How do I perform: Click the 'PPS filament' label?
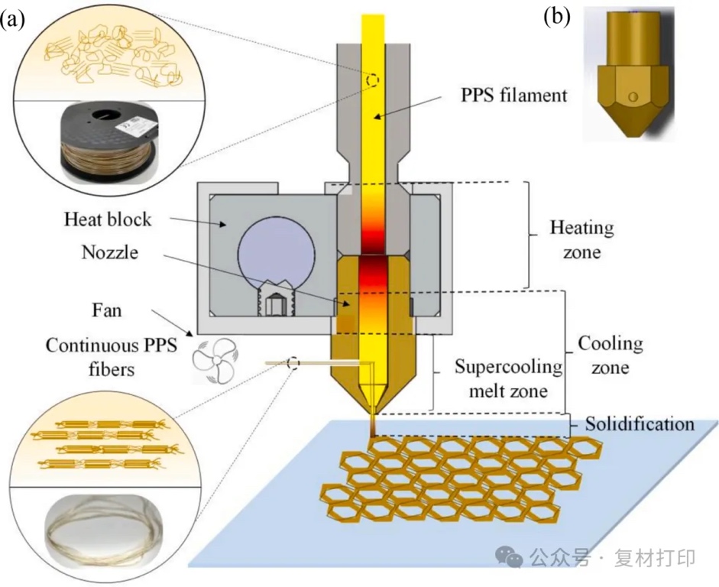(514, 96)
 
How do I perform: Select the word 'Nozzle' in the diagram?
(109, 252)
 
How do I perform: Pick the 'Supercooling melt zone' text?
(507, 379)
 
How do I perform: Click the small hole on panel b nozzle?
(631, 97)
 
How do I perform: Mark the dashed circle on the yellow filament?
(373, 80)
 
